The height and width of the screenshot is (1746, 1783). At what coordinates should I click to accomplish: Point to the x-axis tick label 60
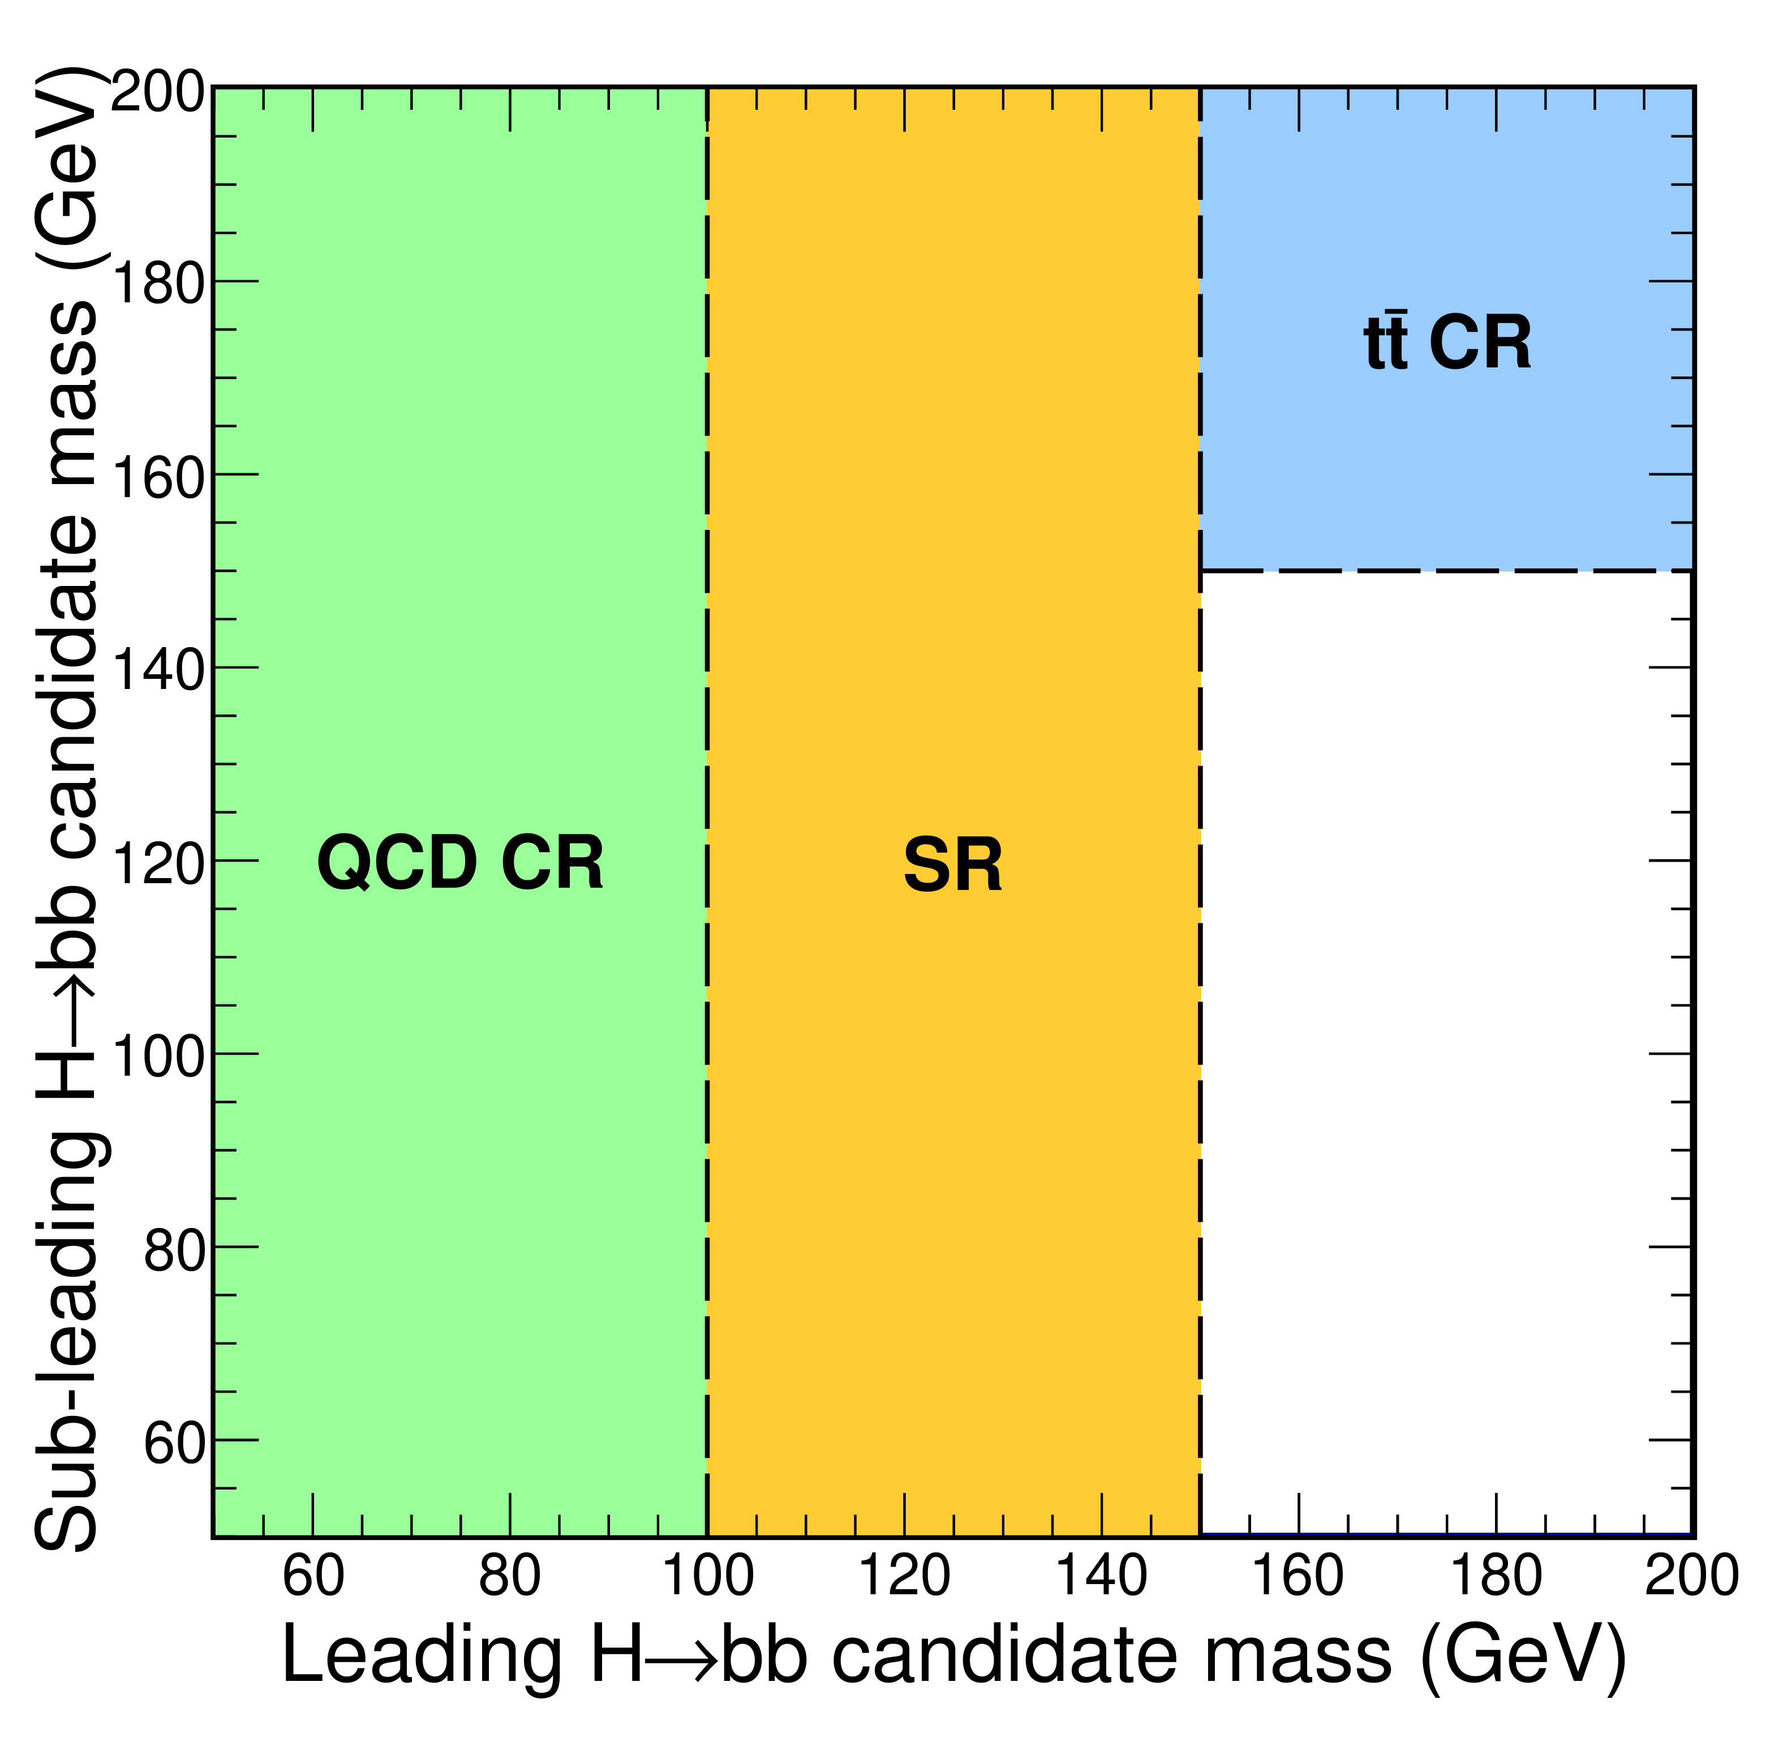coord(313,1576)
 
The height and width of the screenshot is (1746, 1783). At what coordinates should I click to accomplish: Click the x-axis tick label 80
coord(510,1576)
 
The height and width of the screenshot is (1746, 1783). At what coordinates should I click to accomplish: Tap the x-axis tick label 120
coord(904,1576)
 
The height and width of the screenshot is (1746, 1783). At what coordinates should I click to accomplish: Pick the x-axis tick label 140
coord(1101,1576)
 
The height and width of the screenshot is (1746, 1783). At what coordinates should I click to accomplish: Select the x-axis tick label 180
coord(1495,1576)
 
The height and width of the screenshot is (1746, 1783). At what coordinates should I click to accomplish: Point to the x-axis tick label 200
coord(1691,1576)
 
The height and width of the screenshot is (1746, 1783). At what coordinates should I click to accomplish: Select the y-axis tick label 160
coord(158,477)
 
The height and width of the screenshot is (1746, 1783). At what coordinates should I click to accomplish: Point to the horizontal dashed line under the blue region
coord(1446,570)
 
